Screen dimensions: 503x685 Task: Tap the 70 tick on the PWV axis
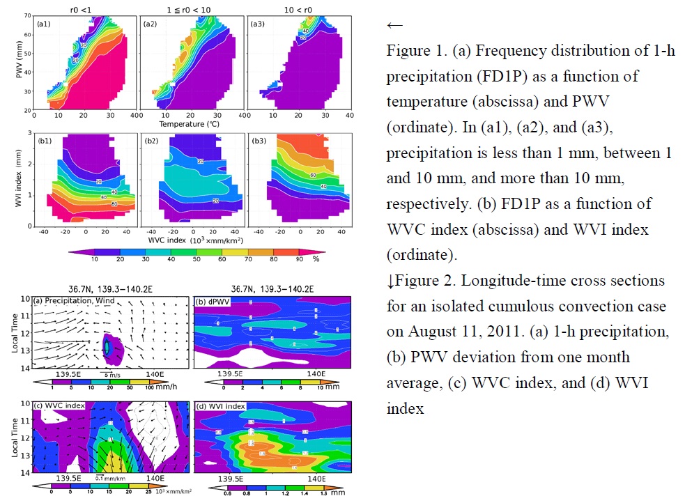pos(30,15)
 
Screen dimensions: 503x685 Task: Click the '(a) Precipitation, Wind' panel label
pos(66,302)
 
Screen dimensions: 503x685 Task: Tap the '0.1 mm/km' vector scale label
pos(107,479)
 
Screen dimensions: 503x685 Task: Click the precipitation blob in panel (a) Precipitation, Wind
pos(107,346)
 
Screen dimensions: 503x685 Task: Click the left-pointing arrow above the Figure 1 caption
pos(394,25)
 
